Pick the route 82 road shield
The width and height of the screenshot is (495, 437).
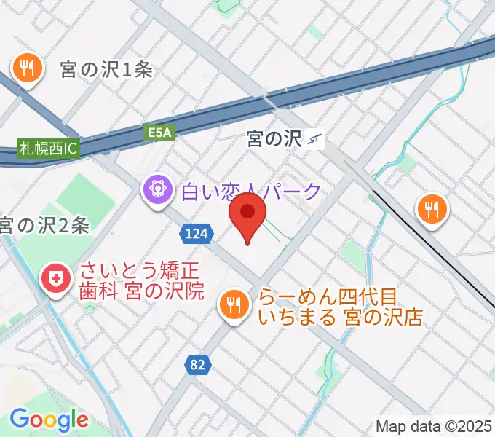click(196, 365)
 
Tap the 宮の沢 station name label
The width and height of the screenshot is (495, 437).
click(274, 138)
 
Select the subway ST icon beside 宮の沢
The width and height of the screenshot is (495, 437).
click(316, 138)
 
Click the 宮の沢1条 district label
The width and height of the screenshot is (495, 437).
click(106, 70)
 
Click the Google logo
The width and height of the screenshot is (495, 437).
click(49, 420)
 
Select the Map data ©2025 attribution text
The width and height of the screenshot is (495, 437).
click(434, 426)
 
